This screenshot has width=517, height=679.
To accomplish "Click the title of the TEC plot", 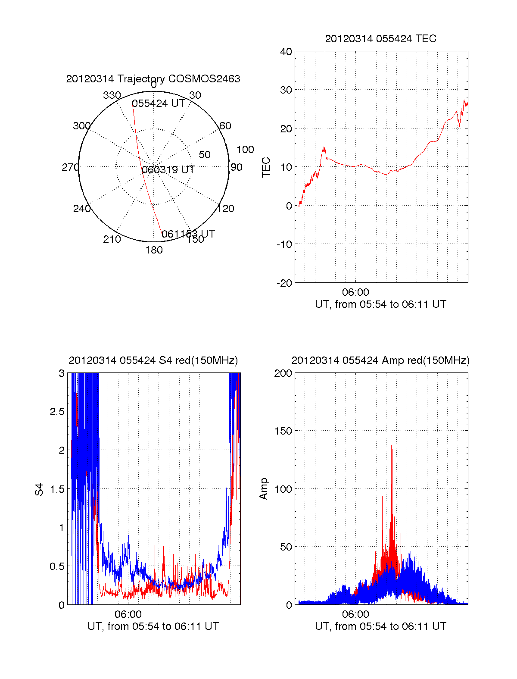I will coord(380,39).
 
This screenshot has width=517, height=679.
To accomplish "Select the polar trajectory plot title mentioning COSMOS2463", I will coord(153,79).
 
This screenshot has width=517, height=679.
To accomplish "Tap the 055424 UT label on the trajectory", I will coord(159,103).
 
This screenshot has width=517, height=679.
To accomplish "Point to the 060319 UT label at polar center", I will coord(168,170).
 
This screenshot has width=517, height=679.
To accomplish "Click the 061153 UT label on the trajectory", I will coord(188,234).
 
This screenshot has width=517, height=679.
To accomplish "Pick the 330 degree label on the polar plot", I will coord(112,95).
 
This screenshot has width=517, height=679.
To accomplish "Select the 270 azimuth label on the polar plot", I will coord(70,167).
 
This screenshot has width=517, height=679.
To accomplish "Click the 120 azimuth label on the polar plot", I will coord(226,209).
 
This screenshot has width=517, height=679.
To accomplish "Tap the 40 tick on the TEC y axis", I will coord(286,52).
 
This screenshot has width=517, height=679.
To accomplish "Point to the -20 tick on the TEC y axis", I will coord(284,283).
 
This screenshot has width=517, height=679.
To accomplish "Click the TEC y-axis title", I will coord(266,167).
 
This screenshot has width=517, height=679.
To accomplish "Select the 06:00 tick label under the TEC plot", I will coord(355,293).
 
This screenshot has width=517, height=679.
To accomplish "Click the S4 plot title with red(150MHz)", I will coord(153,360).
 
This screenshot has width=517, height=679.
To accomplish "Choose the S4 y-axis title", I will coord(39,489).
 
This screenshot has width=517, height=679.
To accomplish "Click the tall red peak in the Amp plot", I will coord(391,448).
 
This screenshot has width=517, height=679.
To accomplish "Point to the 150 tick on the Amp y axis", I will coord(283,431).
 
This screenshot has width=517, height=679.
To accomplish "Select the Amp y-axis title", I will coord(264,489).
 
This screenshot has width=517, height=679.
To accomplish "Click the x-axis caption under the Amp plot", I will coord(380,626).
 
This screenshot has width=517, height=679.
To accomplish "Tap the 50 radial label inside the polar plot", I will coord(205,155).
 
